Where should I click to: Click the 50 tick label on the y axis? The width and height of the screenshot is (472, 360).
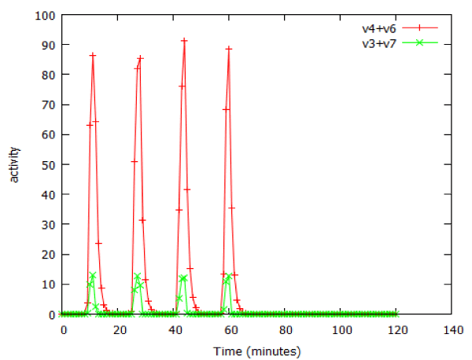click(44, 164)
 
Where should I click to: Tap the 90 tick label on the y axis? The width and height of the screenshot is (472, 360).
click(44, 45)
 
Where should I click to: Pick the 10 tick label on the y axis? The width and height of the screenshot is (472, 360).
click(44, 284)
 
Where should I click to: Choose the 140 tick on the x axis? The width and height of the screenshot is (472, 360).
click(452, 329)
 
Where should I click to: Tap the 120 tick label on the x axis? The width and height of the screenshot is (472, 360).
click(396, 329)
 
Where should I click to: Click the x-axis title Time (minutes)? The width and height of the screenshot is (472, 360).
click(257, 351)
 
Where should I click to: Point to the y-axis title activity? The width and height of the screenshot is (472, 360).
click(14, 164)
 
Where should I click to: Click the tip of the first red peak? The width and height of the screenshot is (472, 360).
click(93, 55)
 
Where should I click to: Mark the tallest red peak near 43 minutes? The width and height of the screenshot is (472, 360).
click(184, 40)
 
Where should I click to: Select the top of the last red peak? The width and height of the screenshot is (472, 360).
click(229, 49)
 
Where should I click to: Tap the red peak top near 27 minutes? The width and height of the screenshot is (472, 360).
click(140, 58)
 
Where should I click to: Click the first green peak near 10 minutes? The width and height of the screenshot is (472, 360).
click(93, 275)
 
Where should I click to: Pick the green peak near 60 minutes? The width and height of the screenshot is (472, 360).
click(229, 276)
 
